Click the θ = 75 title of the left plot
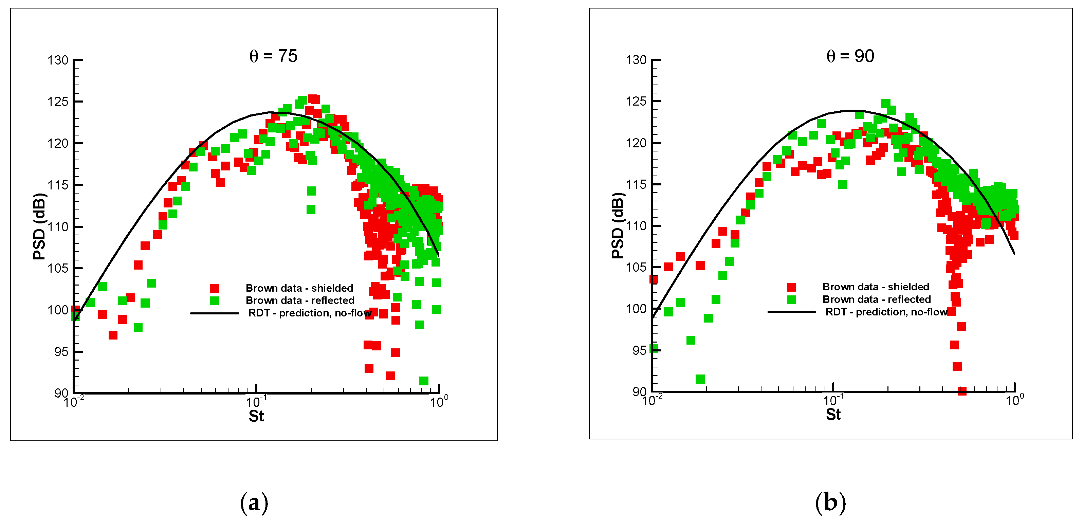pos(273,56)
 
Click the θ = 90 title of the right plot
pos(850,56)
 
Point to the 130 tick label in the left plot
pos(58,60)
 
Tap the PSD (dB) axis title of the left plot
pos(39,226)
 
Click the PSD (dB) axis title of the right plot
pos(617,226)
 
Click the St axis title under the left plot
pos(256,416)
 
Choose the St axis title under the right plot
pos(833,415)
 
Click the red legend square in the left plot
pos(215,288)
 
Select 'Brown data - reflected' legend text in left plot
pos(300,300)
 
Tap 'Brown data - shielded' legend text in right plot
pos(875,287)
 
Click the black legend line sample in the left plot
pos(215,313)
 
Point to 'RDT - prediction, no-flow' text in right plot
pos(886,312)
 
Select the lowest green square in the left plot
pos(424,381)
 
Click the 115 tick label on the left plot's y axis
pos(58,185)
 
